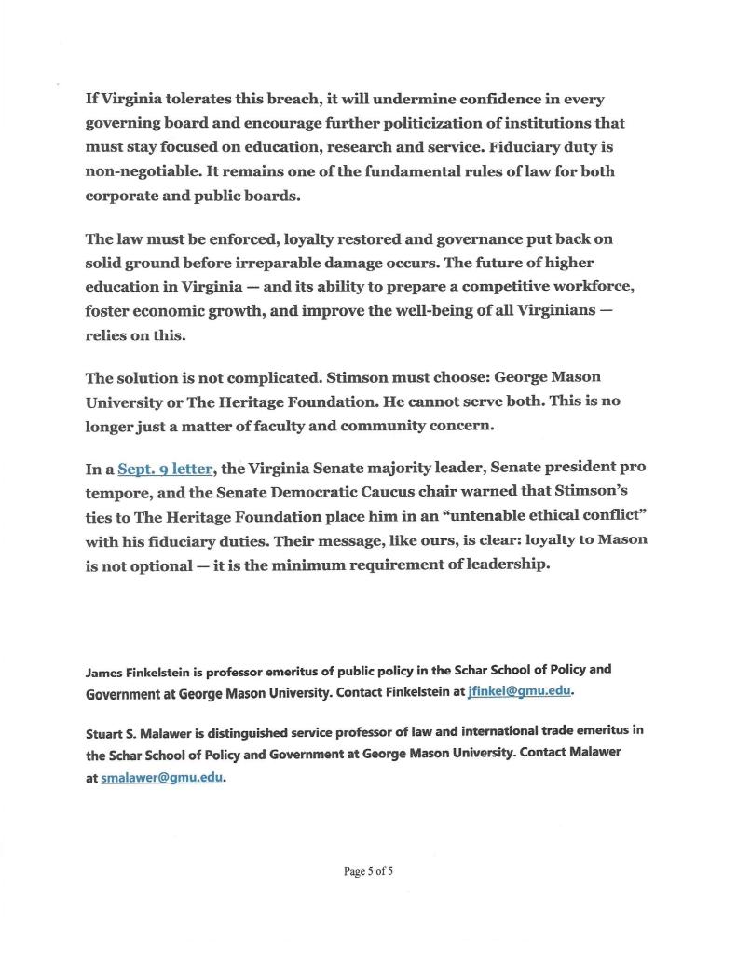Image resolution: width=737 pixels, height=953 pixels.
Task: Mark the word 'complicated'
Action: pyautogui.click(x=273, y=378)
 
